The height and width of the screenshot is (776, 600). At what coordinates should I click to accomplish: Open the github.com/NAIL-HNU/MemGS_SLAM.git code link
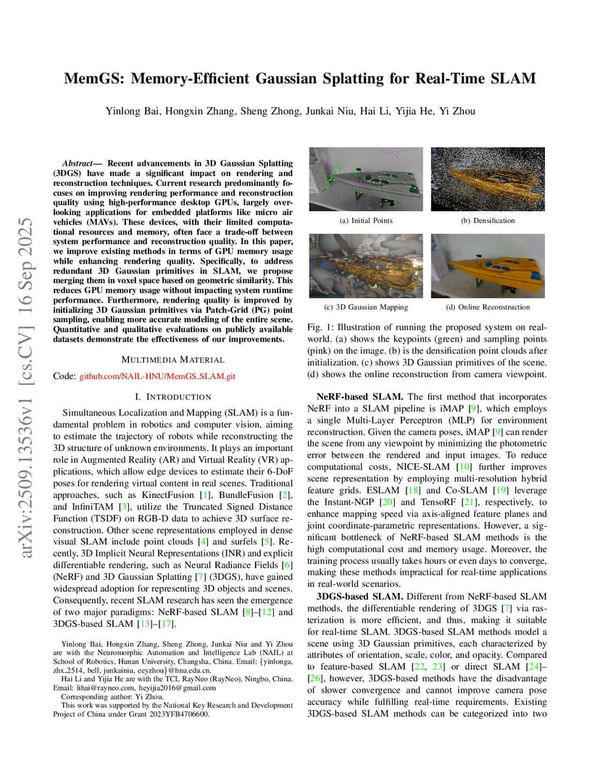click(157, 376)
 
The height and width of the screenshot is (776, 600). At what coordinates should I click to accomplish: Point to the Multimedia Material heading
click(172, 359)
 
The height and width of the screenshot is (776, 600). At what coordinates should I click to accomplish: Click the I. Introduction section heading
click(173, 397)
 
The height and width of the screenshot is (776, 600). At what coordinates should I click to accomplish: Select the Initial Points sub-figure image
click(366, 179)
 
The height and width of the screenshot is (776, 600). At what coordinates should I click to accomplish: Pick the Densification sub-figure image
click(488, 179)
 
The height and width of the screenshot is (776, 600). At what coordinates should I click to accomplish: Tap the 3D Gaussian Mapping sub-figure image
click(366, 266)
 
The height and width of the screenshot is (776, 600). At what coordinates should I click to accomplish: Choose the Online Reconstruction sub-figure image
click(488, 266)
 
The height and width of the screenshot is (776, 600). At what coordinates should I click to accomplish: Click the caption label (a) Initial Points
click(366, 220)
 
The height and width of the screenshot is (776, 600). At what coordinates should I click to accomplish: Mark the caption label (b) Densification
click(488, 220)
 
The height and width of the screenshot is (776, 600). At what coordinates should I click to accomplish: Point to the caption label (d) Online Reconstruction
click(488, 307)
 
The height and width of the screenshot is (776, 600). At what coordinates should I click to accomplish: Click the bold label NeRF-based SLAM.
click(360, 397)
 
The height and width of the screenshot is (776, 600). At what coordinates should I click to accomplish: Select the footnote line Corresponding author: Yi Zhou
click(113, 696)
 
